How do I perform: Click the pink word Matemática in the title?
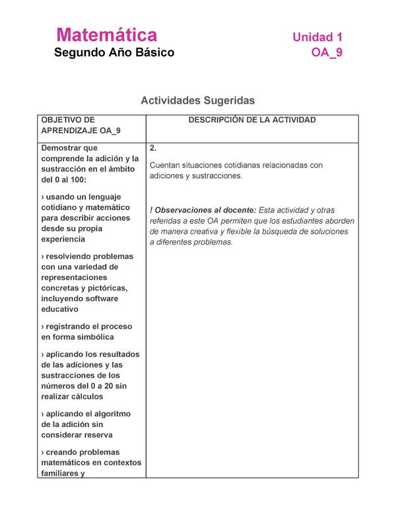(x=106, y=35)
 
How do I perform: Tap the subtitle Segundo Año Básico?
(x=114, y=53)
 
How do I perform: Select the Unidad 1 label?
(x=317, y=37)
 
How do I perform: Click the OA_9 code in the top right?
(x=327, y=53)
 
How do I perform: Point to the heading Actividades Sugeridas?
(x=197, y=100)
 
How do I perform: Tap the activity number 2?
(x=153, y=148)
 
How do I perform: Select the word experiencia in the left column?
(x=63, y=239)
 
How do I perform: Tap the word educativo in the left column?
(x=59, y=309)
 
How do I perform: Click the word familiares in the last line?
(x=63, y=473)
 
